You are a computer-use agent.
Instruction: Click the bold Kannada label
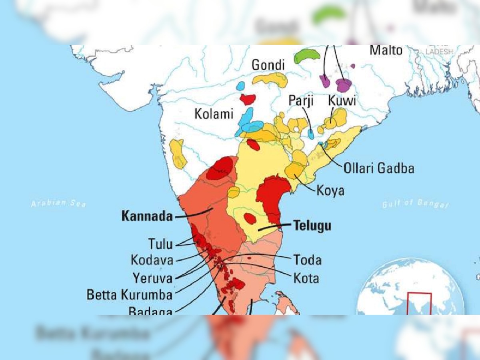tap(147, 217)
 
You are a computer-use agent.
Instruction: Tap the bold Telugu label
tap(312, 226)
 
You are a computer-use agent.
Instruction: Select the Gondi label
tap(268, 65)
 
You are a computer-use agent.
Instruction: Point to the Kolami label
tap(214, 114)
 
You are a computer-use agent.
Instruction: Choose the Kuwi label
tap(342, 100)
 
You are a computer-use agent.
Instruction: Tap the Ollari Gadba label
tap(378, 168)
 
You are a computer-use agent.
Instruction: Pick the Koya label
tap(330, 191)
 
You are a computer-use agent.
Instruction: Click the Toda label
tap(307, 260)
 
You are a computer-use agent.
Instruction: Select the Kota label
tap(306, 278)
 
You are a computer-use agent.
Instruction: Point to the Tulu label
tap(161, 244)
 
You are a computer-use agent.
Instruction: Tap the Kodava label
tap(152, 260)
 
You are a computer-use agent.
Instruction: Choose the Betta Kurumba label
tap(129, 295)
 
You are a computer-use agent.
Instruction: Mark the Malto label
tap(386, 50)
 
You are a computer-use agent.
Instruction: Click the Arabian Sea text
tap(58, 203)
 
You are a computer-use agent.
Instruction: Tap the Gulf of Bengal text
tap(415, 204)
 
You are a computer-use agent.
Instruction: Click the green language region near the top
tap(307, 56)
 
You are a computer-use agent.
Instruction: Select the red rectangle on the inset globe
tap(419, 304)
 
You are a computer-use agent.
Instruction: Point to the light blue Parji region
tap(311, 134)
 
